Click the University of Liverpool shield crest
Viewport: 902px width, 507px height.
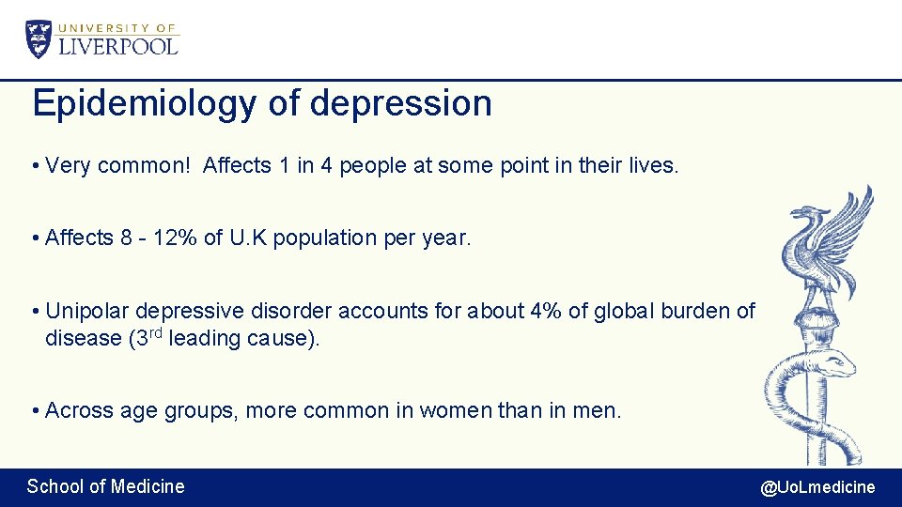(x=39, y=38)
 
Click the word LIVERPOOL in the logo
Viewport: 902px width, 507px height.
(x=118, y=46)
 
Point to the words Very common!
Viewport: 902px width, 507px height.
(x=117, y=166)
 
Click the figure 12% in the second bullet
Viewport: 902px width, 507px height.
(x=170, y=238)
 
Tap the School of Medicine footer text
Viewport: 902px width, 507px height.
(x=105, y=486)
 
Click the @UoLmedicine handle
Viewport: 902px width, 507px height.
(x=817, y=487)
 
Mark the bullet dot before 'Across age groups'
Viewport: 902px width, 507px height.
(x=34, y=410)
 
